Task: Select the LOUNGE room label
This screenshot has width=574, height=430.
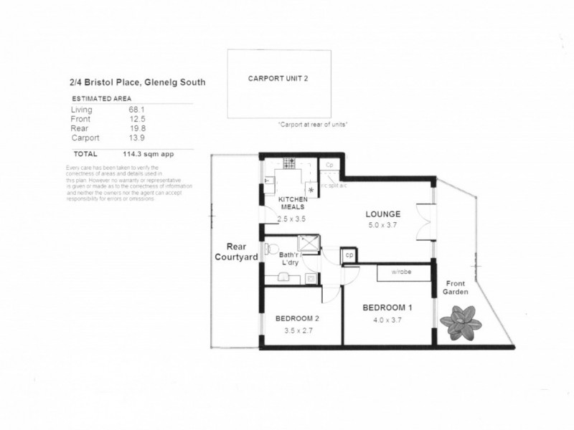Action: click(x=382, y=214)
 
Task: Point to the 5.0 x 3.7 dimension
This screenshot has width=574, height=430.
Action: click(x=382, y=226)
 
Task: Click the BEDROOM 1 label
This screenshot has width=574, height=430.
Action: click(x=386, y=307)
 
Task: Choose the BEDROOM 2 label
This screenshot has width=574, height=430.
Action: click(x=296, y=318)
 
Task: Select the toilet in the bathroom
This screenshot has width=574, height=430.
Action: click(x=270, y=249)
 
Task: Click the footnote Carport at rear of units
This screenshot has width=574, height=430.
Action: click(x=313, y=125)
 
